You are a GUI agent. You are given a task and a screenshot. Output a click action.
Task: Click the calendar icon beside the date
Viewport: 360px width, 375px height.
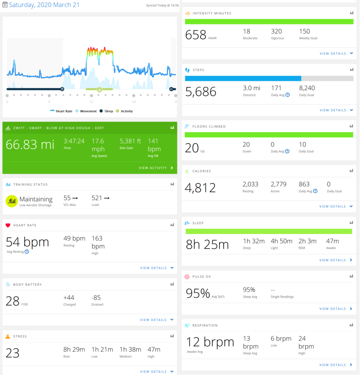tap(5, 5)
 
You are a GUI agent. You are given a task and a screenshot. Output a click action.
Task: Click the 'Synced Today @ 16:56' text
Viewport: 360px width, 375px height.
tap(162, 5)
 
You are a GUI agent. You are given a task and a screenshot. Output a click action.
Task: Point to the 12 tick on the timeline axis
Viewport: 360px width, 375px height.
tap(91, 102)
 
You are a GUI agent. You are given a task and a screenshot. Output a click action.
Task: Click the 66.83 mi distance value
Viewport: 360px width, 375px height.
tap(30, 144)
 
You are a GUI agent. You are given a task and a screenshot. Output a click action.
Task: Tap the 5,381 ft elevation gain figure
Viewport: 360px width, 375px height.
tap(130, 141)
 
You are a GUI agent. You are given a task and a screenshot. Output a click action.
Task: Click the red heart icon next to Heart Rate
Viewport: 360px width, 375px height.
tap(8, 225)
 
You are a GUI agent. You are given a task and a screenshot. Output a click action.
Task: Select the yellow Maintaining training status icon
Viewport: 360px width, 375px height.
tap(12, 201)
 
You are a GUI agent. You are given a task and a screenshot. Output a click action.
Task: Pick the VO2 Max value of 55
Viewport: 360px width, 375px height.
tap(67, 198)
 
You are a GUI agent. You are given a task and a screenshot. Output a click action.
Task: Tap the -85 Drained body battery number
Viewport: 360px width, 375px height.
tap(96, 298)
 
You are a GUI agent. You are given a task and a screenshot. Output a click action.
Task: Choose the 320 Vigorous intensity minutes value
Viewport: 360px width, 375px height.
tap(276, 31)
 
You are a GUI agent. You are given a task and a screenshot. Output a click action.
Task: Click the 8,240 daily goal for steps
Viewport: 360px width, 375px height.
tap(307, 88)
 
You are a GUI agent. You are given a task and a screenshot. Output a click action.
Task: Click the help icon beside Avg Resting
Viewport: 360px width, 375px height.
tap(27, 252)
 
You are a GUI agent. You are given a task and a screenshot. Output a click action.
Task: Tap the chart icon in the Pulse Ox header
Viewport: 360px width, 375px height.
tap(351, 276)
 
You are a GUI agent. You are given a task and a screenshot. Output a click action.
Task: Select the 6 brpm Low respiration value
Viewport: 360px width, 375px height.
tap(281, 339)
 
